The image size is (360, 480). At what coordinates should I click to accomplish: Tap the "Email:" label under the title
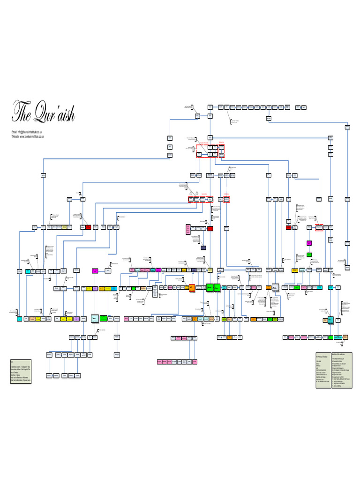[x=15, y=132]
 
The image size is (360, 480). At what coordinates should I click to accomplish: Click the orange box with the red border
[x=192, y=287]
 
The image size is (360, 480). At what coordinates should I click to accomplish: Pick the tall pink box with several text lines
[x=188, y=230]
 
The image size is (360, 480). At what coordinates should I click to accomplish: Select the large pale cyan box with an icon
[x=95, y=318]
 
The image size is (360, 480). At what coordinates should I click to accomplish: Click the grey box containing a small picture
[x=276, y=287]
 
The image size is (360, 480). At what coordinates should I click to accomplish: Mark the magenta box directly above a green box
[x=309, y=243]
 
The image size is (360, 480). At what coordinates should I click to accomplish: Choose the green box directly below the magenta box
[x=309, y=255]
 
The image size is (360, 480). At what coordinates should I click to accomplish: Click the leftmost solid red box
[x=88, y=227]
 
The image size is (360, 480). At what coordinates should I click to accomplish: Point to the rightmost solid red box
[x=210, y=228]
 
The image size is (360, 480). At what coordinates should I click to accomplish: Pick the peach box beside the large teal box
[x=324, y=320]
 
